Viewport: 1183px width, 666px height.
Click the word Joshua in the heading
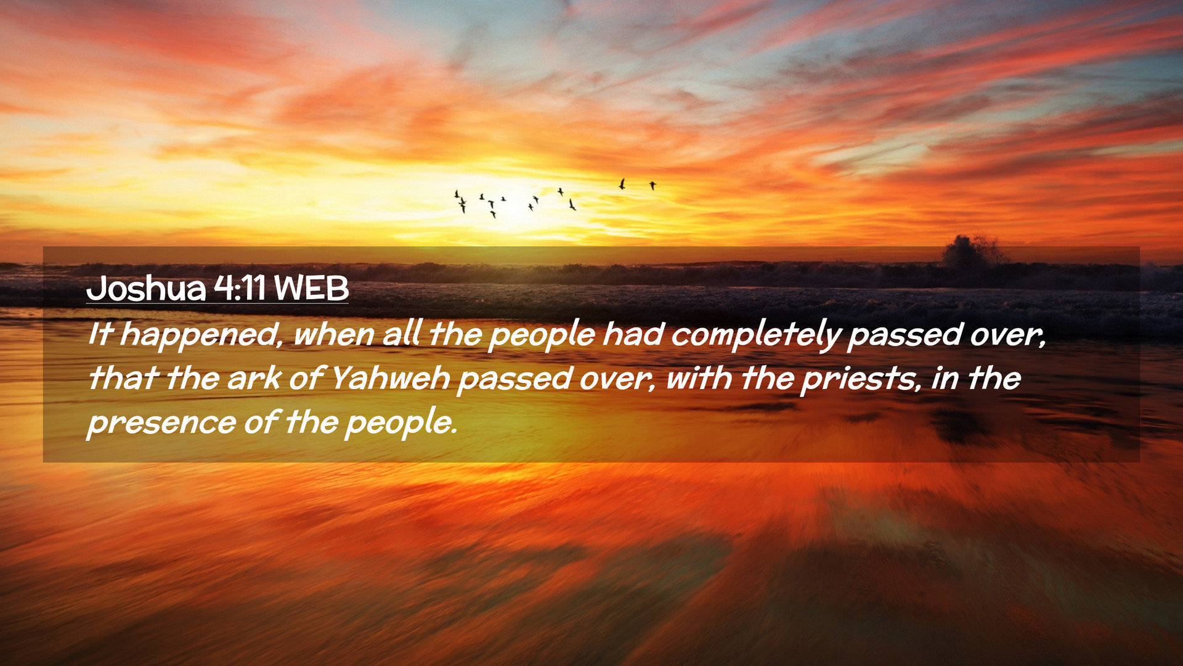click(x=146, y=288)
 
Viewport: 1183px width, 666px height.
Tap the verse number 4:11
click(x=240, y=288)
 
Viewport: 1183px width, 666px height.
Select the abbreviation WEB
click(x=311, y=288)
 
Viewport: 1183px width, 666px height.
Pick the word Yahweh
click(x=390, y=378)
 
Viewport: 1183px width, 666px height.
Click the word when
click(x=333, y=335)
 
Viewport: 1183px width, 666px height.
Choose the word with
click(x=699, y=378)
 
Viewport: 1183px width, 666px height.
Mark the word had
click(x=632, y=335)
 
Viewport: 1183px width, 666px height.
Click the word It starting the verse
click(x=100, y=335)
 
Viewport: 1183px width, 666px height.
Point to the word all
click(x=401, y=335)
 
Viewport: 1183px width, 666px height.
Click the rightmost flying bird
click(x=652, y=185)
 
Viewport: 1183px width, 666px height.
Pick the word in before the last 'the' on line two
click(x=945, y=378)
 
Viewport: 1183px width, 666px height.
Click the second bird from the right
click(x=622, y=184)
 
